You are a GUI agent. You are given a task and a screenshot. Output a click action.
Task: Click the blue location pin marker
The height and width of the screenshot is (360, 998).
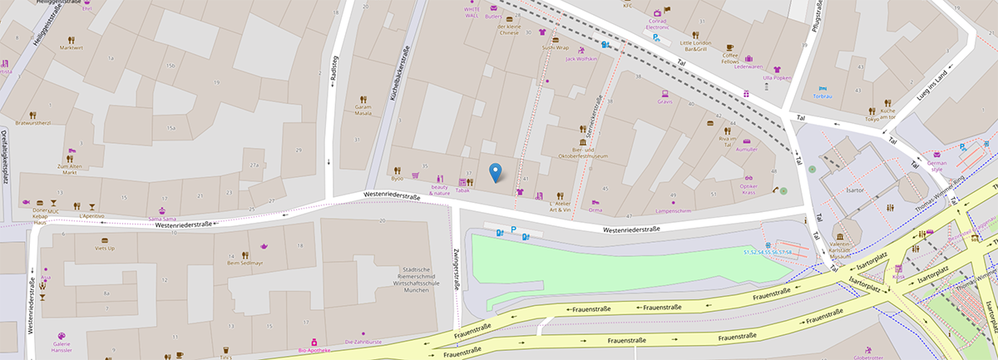click(x=497, y=172)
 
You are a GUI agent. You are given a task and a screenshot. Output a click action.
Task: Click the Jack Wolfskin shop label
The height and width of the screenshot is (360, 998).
click(x=581, y=59)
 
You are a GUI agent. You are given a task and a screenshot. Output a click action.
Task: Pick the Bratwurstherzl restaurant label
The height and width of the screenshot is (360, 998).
click(x=32, y=123)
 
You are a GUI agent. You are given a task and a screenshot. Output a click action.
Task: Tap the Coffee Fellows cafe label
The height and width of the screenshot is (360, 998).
click(x=729, y=57)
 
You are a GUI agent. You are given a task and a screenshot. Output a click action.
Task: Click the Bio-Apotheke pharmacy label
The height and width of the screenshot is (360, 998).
click(x=314, y=350)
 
